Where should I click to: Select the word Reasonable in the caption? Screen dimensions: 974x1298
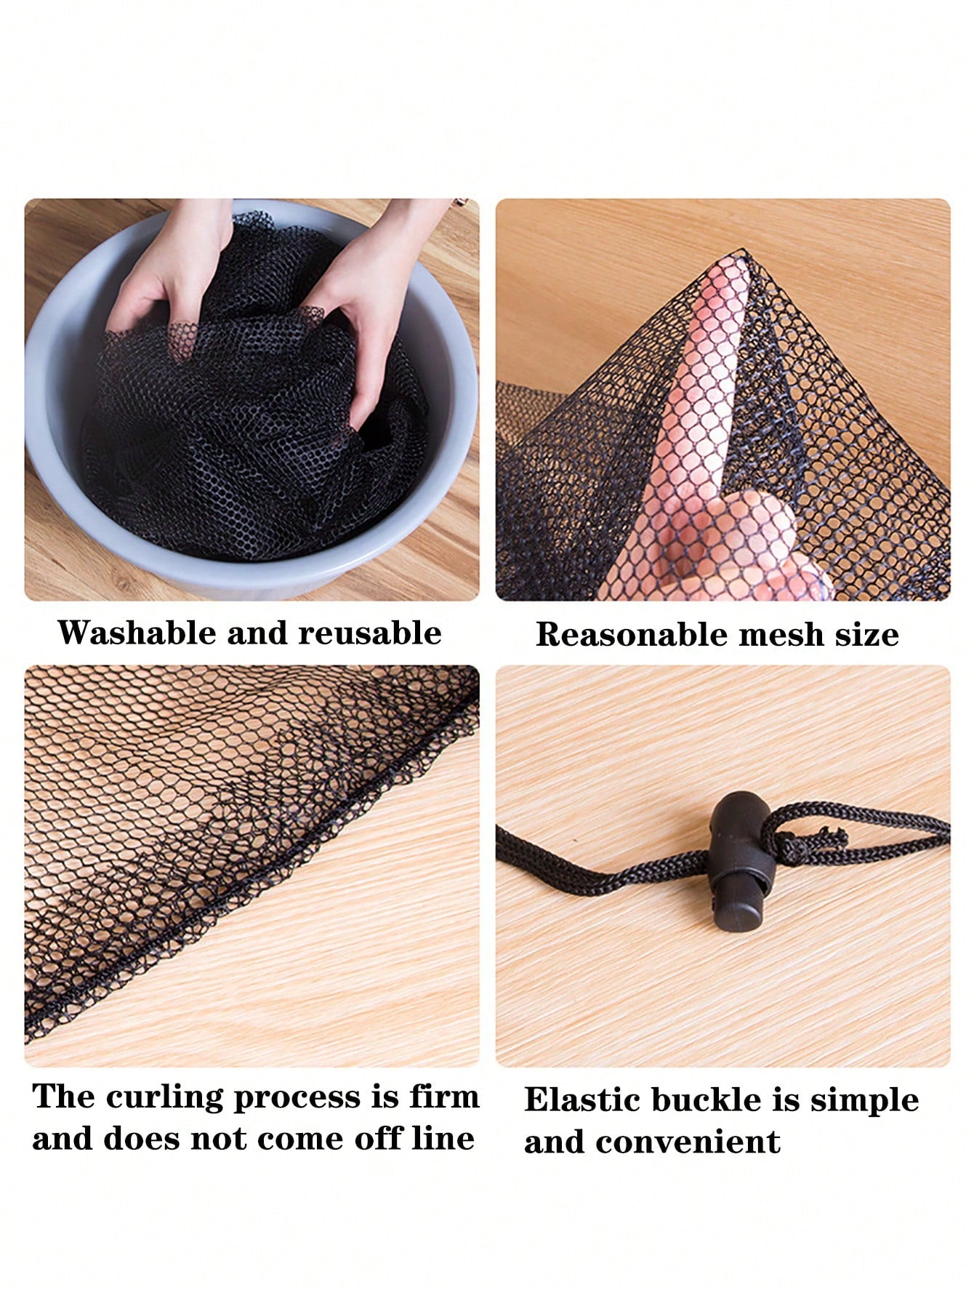pos(630,635)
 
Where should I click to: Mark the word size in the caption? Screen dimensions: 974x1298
pos(866,635)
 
